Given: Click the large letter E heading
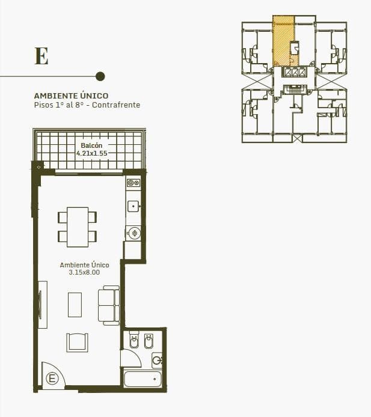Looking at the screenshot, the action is coord(41,56).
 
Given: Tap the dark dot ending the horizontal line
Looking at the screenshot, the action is coord(100,76).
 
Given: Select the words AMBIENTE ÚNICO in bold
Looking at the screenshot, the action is coord(71,96).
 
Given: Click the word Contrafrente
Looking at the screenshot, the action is coord(116,105).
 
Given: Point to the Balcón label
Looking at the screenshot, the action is coord(91,145).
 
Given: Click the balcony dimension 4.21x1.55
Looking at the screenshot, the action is coord(92,153).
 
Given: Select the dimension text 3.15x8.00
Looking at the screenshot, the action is coord(84,272).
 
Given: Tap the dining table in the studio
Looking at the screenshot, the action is coord(78,227).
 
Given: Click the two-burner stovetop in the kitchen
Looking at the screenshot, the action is coord(133,183).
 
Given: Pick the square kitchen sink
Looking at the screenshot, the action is coord(133,206).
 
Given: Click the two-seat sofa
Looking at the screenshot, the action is coord(109,305).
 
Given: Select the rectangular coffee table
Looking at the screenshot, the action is coord(75,305).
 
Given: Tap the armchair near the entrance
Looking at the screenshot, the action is coord(77,342).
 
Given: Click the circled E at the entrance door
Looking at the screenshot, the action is coord(52,378).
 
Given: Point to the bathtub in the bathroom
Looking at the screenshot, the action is coord(143,379).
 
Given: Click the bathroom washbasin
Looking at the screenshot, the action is coord(157,361).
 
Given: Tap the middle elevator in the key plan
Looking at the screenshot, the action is coord(295,72).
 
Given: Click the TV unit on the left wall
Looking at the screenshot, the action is coord(43,305).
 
